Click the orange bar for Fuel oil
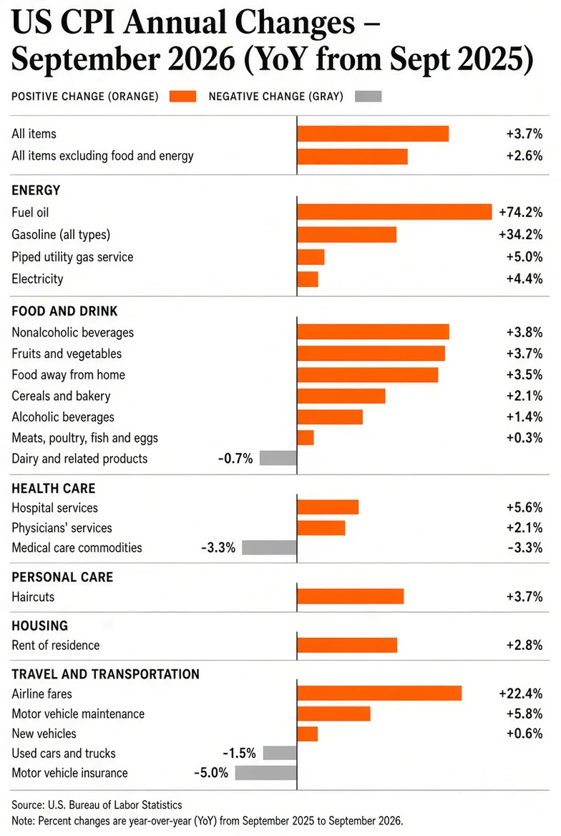click(394, 212)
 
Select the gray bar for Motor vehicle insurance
click(265, 772)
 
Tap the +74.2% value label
click(520, 212)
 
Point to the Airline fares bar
click(379, 693)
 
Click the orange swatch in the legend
click(183, 97)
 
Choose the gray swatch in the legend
click(368, 97)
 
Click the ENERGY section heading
click(36, 190)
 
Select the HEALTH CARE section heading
click(54, 488)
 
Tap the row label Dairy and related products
click(79, 459)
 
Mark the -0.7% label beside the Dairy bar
click(235, 459)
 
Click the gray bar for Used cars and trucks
click(280, 753)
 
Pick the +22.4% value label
click(520, 694)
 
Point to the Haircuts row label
click(33, 597)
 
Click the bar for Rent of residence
click(347, 645)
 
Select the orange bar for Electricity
click(308, 279)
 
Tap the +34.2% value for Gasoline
click(520, 235)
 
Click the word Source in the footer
click(28, 805)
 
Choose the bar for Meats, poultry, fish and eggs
click(306, 438)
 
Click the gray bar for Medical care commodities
click(269, 548)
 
